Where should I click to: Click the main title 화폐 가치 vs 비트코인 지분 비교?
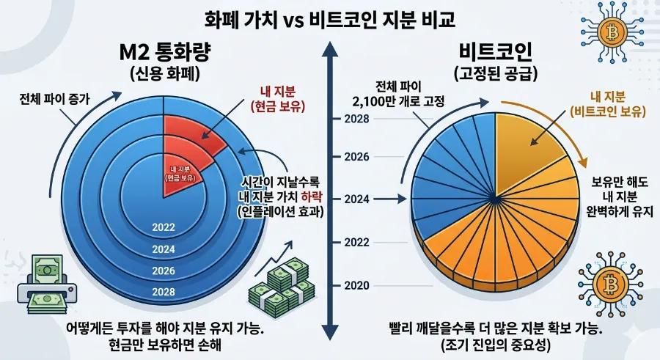pos(329,19)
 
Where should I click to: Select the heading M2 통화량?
pos(165,52)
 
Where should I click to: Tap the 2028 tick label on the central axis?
pos(356,119)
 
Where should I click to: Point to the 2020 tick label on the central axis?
pos(356,285)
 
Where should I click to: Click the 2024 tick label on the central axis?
pos(356,199)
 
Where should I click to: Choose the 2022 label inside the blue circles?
pos(164,227)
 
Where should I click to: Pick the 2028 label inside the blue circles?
pos(164,292)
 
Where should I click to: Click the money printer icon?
pos(43,284)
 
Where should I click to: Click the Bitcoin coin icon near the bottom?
pos(610,284)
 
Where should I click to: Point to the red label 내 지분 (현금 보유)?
pos(278,98)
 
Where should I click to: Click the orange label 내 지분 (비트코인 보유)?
pos(607,103)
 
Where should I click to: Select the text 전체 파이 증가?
pos(55,99)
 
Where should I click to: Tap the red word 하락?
pos(312,196)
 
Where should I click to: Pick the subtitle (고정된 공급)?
pos(496,73)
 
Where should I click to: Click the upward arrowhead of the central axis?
pos(330,49)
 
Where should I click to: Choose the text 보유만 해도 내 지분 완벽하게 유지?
pos(620,196)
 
